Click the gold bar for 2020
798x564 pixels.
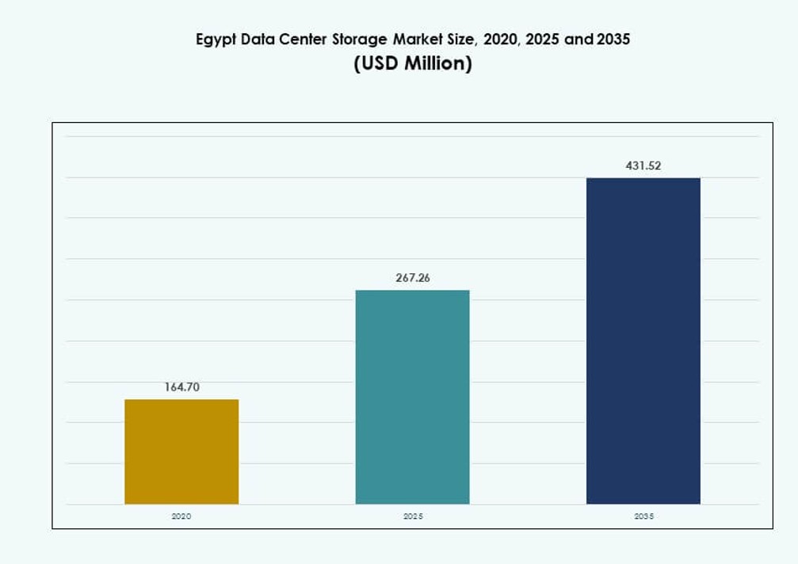click(181, 452)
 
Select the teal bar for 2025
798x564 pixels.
click(412, 397)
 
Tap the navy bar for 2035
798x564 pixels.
click(643, 341)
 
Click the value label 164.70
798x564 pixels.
click(181, 387)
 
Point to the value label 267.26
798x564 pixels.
click(412, 278)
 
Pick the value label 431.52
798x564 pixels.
click(643, 166)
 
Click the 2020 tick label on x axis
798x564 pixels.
click(181, 516)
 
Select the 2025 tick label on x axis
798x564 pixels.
click(412, 516)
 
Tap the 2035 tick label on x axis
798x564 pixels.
click(643, 516)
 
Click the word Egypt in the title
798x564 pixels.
click(216, 39)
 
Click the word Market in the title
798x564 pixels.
click(416, 39)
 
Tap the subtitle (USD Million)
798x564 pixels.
click(412, 63)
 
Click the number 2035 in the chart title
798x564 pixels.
click(613, 39)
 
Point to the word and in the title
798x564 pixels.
click(579, 39)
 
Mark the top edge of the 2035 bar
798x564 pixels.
click(643, 178)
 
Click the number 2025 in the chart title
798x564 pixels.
click(543, 39)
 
